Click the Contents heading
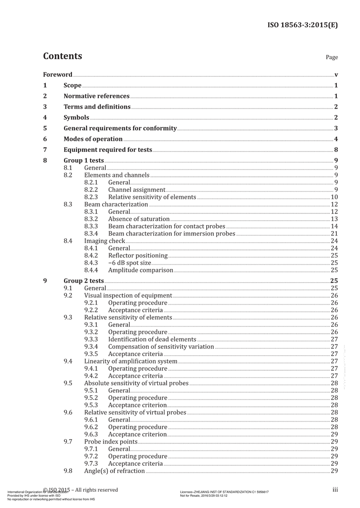coord(63,56)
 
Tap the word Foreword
coord(58,75)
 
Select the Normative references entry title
coord(96,96)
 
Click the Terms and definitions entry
coord(97,107)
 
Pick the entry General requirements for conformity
coord(120,129)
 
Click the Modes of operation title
coord(93,139)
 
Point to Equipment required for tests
coord(108,150)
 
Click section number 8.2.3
coord(91,197)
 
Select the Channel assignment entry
coord(136,190)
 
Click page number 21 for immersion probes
coord(334,234)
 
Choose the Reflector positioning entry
coord(137,256)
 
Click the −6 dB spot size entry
coord(130,263)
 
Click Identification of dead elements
coord(152,339)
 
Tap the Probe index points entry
coord(111,441)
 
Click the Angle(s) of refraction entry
coord(115,471)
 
